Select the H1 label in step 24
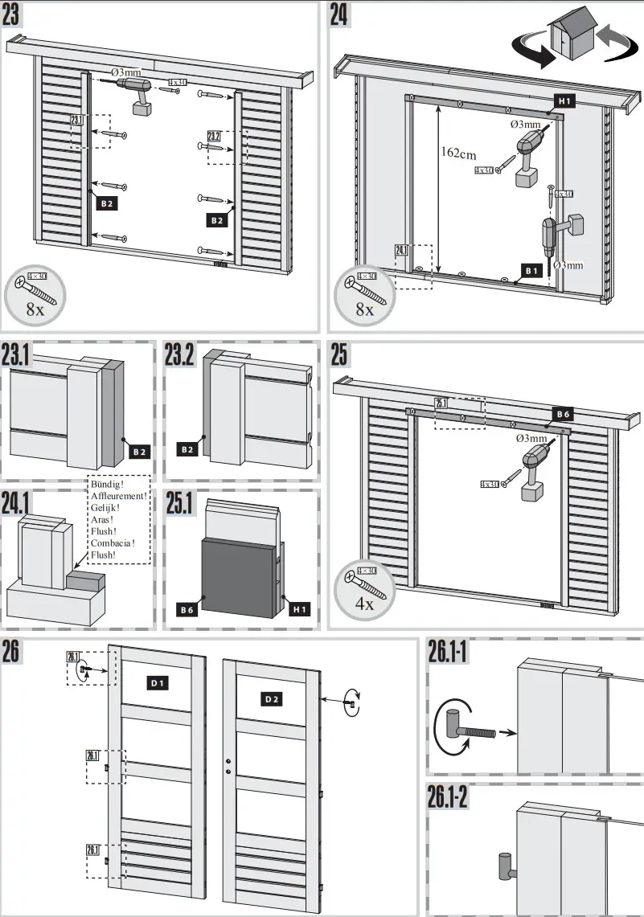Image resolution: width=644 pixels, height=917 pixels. (564, 102)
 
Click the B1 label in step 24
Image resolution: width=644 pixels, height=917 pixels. (530, 271)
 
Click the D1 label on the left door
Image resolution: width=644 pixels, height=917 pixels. (158, 683)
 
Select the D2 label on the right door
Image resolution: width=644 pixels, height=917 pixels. (273, 699)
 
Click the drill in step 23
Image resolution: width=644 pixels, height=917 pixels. (138, 92)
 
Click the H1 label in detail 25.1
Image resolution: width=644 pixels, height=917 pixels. (300, 610)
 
